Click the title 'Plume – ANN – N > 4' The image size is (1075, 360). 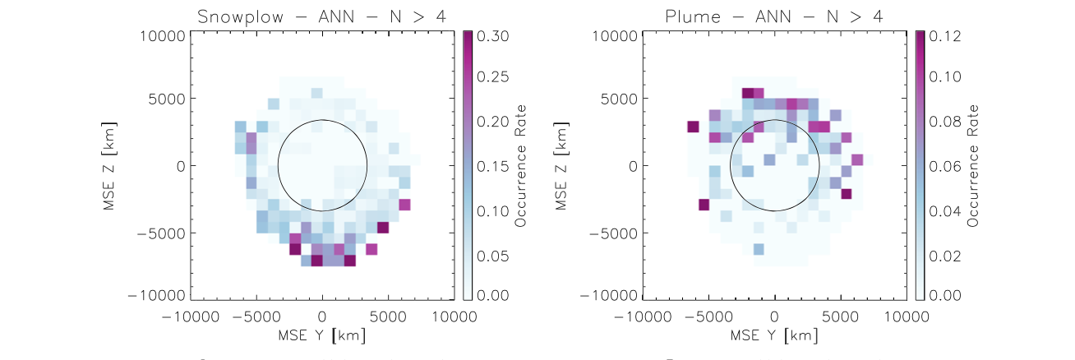(x=774, y=14)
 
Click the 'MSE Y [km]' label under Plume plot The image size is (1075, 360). (x=774, y=335)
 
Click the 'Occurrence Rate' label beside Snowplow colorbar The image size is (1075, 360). (x=521, y=165)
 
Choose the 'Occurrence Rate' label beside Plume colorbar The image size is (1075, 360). (x=974, y=165)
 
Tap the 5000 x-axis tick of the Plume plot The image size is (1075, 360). (x=840, y=316)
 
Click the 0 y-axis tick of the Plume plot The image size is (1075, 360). (x=632, y=165)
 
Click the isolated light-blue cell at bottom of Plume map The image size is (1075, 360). (x=758, y=248)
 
